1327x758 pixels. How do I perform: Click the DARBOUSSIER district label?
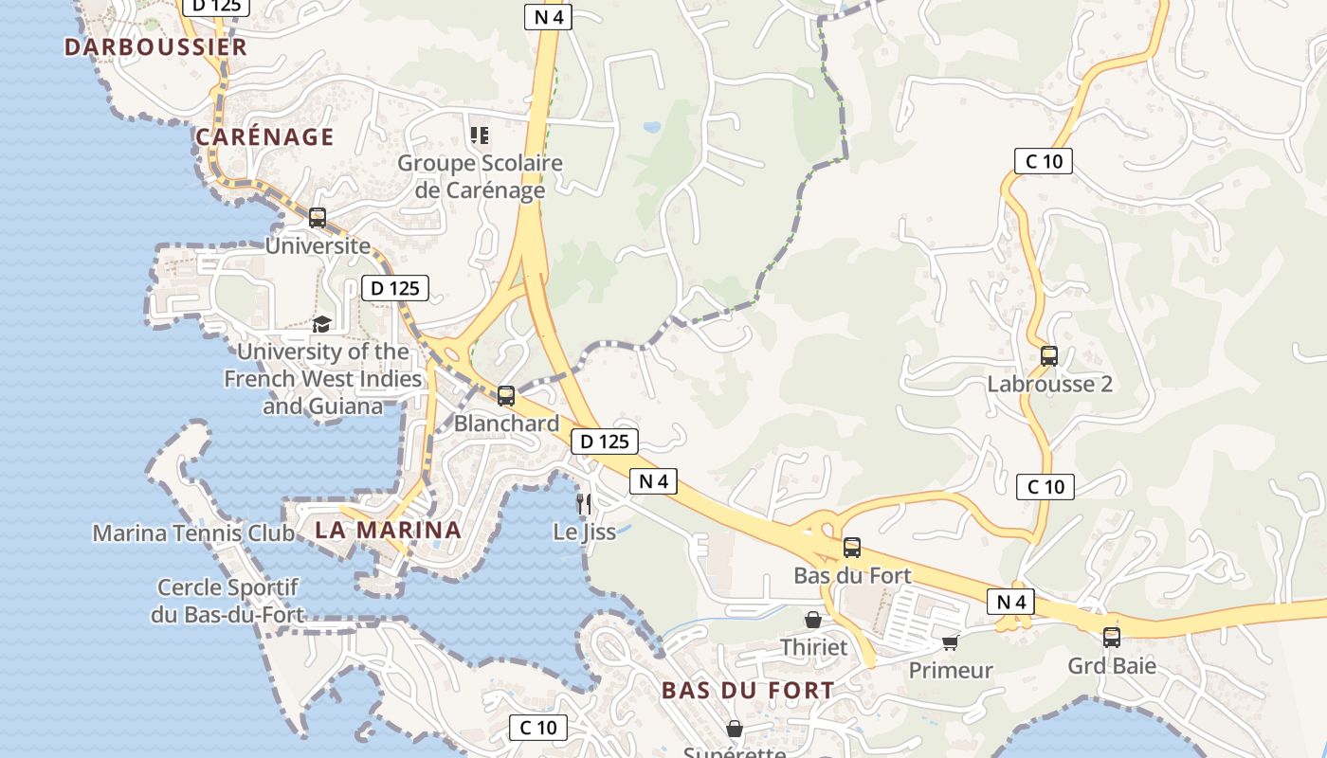tap(155, 46)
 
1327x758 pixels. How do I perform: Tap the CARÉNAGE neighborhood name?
tap(264, 136)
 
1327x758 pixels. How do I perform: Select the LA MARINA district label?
tap(388, 530)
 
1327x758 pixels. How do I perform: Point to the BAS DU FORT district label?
tap(748, 690)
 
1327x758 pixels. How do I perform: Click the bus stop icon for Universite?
tap(318, 218)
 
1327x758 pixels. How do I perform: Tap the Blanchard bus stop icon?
tap(506, 396)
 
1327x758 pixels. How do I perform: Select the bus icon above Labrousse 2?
tap(1048, 356)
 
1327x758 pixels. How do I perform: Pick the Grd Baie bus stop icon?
tap(1111, 638)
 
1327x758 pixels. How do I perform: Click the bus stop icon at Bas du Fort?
tap(852, 548)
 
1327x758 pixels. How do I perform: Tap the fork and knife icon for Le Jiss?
tap(584, 503)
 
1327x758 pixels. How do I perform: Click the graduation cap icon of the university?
tap(322, 324)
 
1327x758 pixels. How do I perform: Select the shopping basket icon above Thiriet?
tap(812, 620)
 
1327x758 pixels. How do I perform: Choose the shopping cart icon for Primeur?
tap(951, 642)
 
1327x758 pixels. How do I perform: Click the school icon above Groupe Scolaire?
tap(480, 135)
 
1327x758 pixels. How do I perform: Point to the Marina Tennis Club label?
tap(193, 532)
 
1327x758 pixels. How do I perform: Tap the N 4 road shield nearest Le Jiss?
tap(653, 481)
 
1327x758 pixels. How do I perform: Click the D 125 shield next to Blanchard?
tap(604, 441)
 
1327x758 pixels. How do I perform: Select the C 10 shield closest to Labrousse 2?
tap(1045, 487)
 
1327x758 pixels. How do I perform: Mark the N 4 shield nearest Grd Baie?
tap(1010, 602)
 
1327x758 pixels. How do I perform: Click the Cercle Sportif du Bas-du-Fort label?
tap(227, 601)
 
